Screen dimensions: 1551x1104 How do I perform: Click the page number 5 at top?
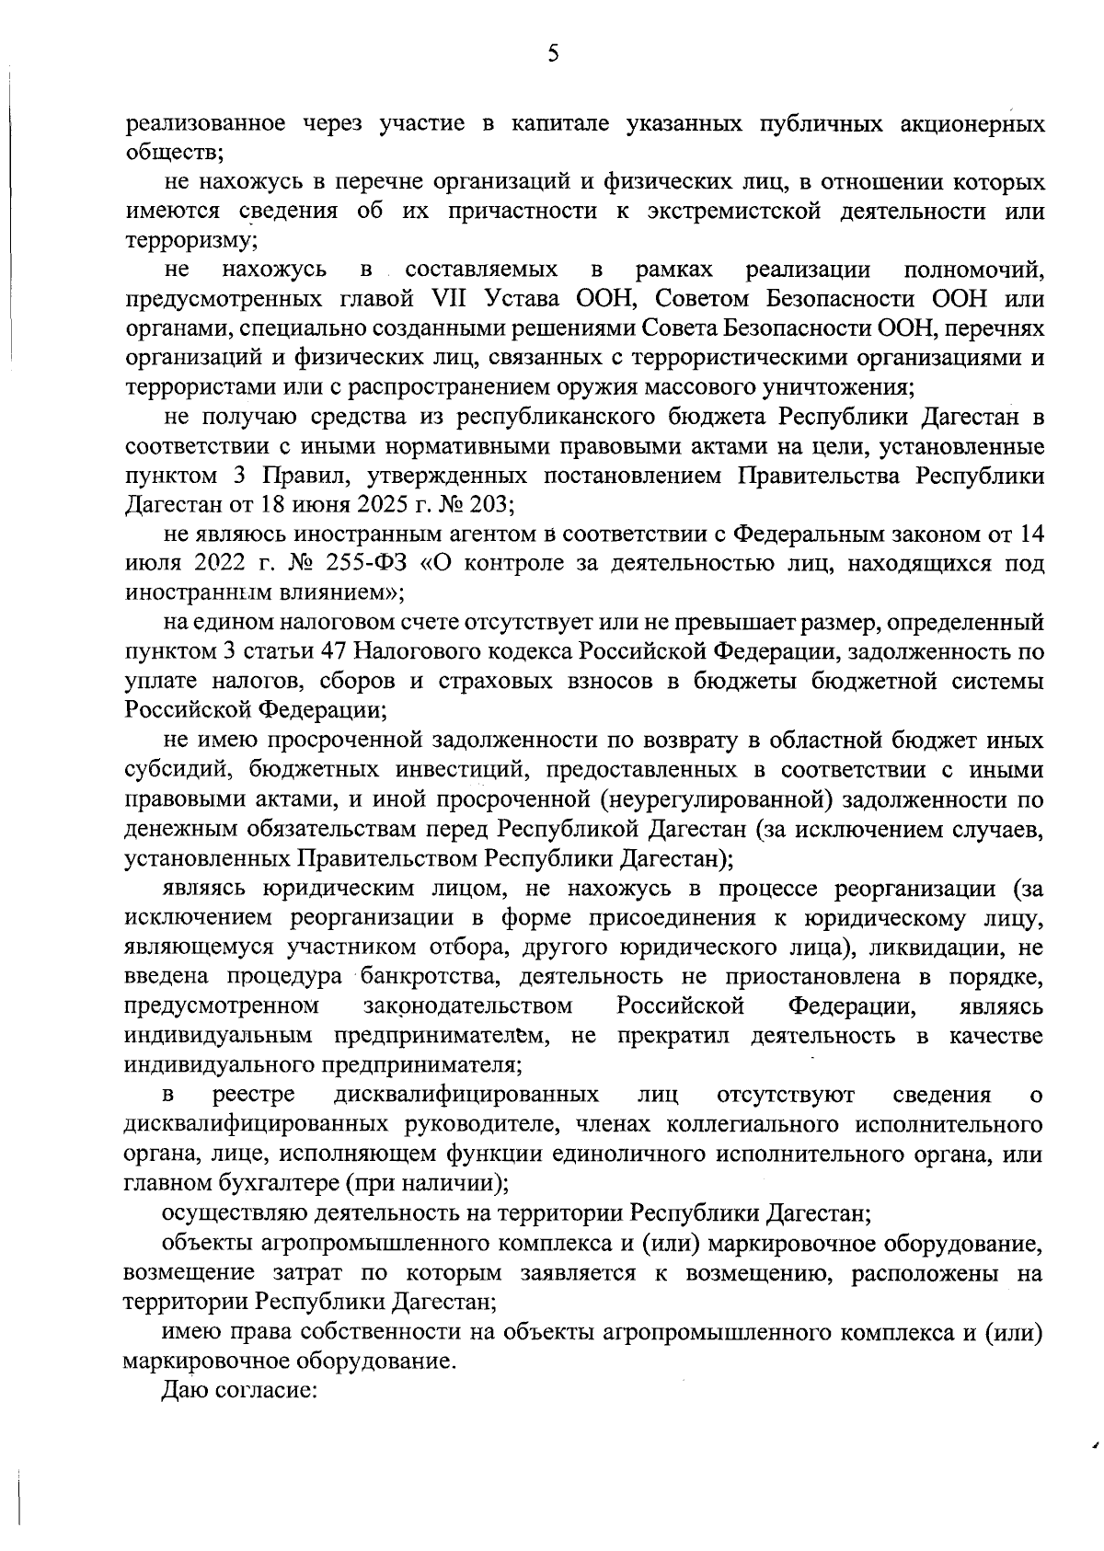pos(553,54)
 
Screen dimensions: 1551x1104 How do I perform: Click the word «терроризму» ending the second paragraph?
pos(190,241)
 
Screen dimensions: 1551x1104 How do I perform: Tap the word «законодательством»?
pos(468,1005)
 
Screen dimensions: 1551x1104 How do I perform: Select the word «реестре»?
pos(254,1094)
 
